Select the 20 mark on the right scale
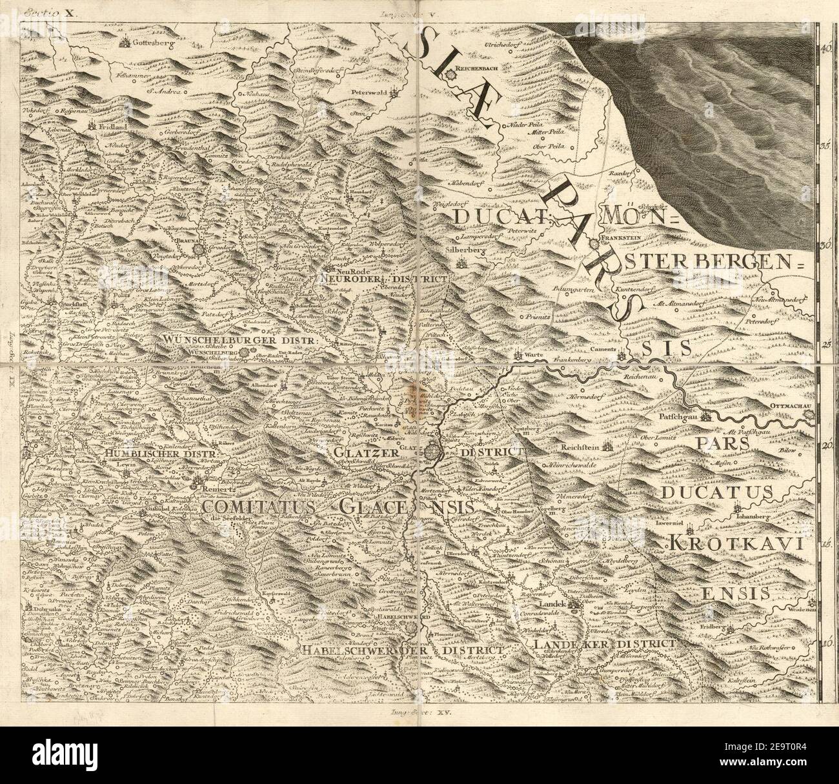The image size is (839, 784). click(825, 446)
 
